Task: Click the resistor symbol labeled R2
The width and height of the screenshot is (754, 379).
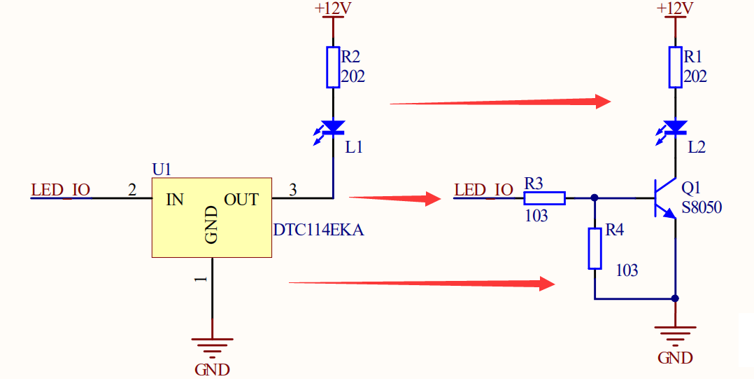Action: (333, 67)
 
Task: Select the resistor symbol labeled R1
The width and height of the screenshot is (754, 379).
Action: (675, 67)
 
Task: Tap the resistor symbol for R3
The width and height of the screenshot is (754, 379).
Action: (545, 198)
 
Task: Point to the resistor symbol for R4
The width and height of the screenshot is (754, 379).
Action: (595, 248)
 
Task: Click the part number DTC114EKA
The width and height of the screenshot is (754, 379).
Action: (318, 229)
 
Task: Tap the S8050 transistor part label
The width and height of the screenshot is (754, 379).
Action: (702, 207)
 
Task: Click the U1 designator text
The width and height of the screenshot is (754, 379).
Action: (162, 170)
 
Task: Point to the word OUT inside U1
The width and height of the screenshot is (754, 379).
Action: (241, 200)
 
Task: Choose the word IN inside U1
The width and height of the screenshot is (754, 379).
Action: (175, 200)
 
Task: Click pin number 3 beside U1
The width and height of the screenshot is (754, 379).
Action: (292, 189)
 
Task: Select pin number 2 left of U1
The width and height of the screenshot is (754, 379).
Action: (131, 189)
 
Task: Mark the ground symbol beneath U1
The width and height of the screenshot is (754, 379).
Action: (212, 346)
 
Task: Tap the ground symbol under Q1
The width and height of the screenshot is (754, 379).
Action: (675, 335)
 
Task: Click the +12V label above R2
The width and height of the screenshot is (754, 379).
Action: (333, 8)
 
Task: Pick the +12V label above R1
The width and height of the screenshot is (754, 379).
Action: (675, 8)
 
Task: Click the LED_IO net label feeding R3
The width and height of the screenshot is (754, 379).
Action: (483, 190)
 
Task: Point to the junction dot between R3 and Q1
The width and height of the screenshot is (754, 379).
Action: (595, 198)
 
